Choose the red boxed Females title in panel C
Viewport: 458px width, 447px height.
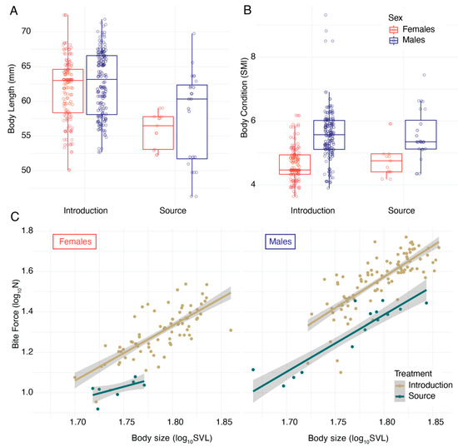(x=75, y=242)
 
